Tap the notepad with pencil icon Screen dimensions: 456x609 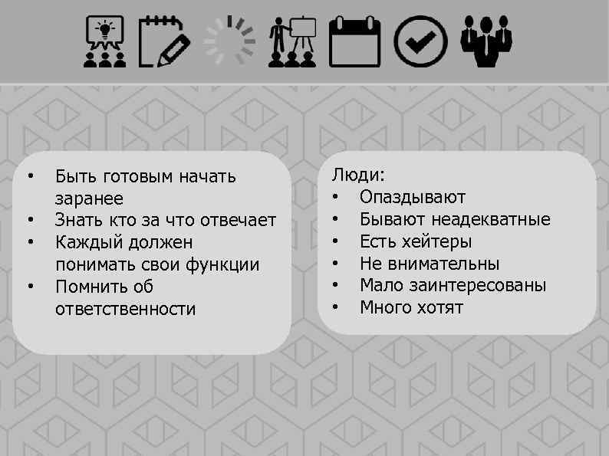tap(165, 41)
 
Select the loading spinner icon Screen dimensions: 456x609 tap(229, 41)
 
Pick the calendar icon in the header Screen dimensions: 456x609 tap(354, 41)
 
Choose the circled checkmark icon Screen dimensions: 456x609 tap(420, 41)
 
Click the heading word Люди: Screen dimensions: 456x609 tap(358, 176)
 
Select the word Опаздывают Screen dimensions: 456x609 tap(413, 198)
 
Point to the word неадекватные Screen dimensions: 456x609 tap(490, 220)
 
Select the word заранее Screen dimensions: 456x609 tap(89, 199)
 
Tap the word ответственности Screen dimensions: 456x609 tap(126, 310)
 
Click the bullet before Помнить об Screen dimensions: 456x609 tap(30, 287)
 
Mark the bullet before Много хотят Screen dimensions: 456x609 tap(335, 308)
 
